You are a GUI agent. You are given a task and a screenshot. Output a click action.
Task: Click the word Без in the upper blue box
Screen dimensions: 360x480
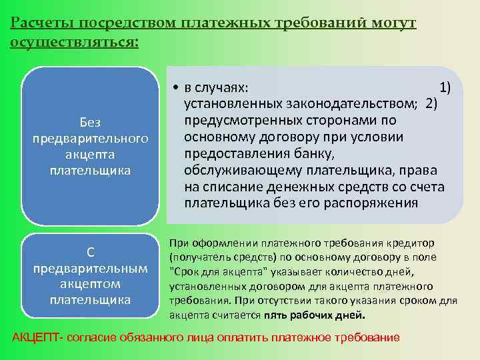coord(90,122)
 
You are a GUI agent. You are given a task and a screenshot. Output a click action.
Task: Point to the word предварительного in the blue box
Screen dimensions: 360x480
coord(90,138)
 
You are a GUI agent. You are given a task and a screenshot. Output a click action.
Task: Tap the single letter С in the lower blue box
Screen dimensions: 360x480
coord(90,251)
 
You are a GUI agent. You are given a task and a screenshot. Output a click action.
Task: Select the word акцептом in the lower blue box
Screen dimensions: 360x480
coord(90,283)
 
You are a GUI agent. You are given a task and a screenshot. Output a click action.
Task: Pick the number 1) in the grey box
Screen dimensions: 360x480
coord(445,88)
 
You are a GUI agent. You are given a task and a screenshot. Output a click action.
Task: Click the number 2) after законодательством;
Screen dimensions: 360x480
coord(431,104)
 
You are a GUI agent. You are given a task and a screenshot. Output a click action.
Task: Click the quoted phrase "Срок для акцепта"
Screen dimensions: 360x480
coord(214,271)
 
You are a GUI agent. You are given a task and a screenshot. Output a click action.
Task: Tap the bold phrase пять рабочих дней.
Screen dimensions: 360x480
coord(315,315)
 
